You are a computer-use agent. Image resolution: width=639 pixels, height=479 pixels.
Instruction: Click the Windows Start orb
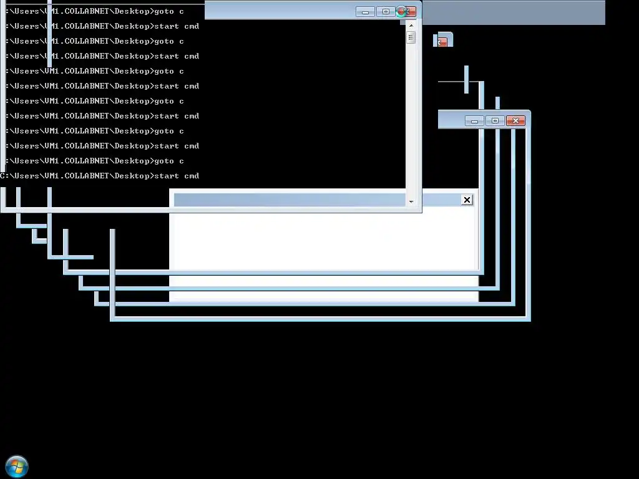[x=17, y=466]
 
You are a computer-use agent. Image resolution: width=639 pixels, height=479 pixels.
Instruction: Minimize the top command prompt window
[x=365, y=11]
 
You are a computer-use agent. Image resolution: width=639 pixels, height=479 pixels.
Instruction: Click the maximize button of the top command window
[x=386, y=11]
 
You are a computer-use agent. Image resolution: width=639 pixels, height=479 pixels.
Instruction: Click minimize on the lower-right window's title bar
[x=474, y=120]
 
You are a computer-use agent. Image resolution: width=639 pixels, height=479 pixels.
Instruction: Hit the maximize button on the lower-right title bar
[x=495, y=120]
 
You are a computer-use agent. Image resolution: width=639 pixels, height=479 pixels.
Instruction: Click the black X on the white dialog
[x=467, y=200]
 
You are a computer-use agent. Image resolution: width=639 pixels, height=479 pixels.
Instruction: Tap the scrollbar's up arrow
[x=411, y=24]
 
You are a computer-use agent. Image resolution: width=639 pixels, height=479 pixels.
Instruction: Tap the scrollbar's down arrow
[x=411, y=201]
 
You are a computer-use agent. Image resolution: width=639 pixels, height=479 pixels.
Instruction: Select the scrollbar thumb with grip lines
[x=411, y=37]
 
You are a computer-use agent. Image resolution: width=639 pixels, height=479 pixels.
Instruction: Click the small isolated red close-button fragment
[x=442, y=42]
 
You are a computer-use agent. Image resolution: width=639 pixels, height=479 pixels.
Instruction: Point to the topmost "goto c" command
[x=169, y=11]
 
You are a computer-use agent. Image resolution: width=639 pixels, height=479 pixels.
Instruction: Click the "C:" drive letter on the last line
[x=4, y=176]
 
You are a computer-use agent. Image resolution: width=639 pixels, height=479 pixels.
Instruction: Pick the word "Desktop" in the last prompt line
[x=132, y=176]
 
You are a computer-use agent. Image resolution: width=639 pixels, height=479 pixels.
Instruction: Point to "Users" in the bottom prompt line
[x=27, y=176]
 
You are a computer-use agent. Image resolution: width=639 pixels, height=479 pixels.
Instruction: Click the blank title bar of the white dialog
[x=287, y=200]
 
